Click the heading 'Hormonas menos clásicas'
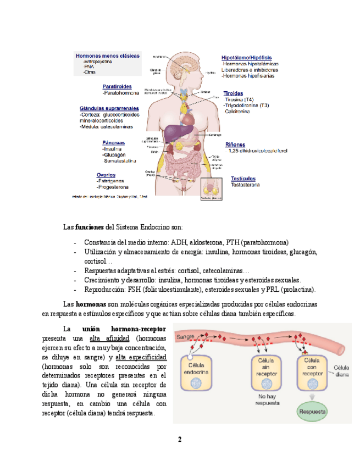107,56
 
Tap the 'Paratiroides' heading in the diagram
117,86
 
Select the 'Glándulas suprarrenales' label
109,108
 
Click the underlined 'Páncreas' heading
113,142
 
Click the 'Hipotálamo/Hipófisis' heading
246,57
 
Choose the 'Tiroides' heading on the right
233,93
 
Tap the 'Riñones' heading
235,145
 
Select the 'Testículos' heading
243,179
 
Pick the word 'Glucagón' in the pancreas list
116,155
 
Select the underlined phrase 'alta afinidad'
112,338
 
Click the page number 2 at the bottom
179,439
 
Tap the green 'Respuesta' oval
312,411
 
